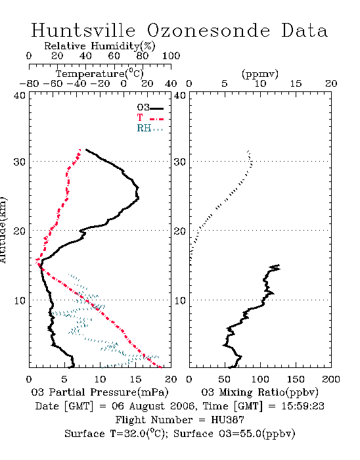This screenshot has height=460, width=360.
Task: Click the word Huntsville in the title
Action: click(x=83, y=31)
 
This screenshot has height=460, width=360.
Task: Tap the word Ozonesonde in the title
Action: click(x=208, y=31)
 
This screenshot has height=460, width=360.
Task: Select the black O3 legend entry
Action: click(x=150, y=108)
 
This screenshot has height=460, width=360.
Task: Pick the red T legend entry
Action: click(x=150, y=118)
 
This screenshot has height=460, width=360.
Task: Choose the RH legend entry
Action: click(x=150, y=128)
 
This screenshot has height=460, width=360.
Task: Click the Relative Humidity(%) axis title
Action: click(x=100, y=46)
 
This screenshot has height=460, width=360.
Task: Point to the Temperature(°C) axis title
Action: click(x=100, y=74)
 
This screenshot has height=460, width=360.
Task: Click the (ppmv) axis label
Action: click(x=260, y=74)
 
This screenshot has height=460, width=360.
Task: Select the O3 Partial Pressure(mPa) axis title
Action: click(x=100, y=392)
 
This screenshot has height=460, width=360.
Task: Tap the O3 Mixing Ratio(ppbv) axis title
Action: click(x=259, y=392)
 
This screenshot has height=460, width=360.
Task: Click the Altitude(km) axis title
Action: click(x=3, y=230)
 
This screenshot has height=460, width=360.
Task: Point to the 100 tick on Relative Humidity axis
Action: click(x=171, y=56)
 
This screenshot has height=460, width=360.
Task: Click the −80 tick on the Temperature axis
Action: click(x=29, y=84)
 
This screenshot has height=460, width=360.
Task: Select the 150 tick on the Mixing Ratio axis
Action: click(x=296, y=379)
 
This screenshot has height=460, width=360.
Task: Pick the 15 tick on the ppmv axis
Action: click(x=296, y=84)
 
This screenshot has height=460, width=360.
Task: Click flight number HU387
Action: click(x=228, y=420)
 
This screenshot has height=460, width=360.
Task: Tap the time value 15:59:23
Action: click(x=303, y=406)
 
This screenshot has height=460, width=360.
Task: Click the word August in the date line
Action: click(x=145, y=406)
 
